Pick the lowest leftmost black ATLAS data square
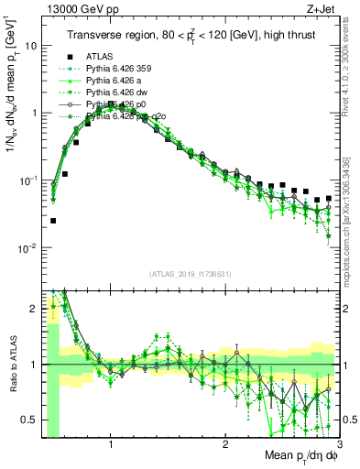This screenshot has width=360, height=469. click(53, 221)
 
